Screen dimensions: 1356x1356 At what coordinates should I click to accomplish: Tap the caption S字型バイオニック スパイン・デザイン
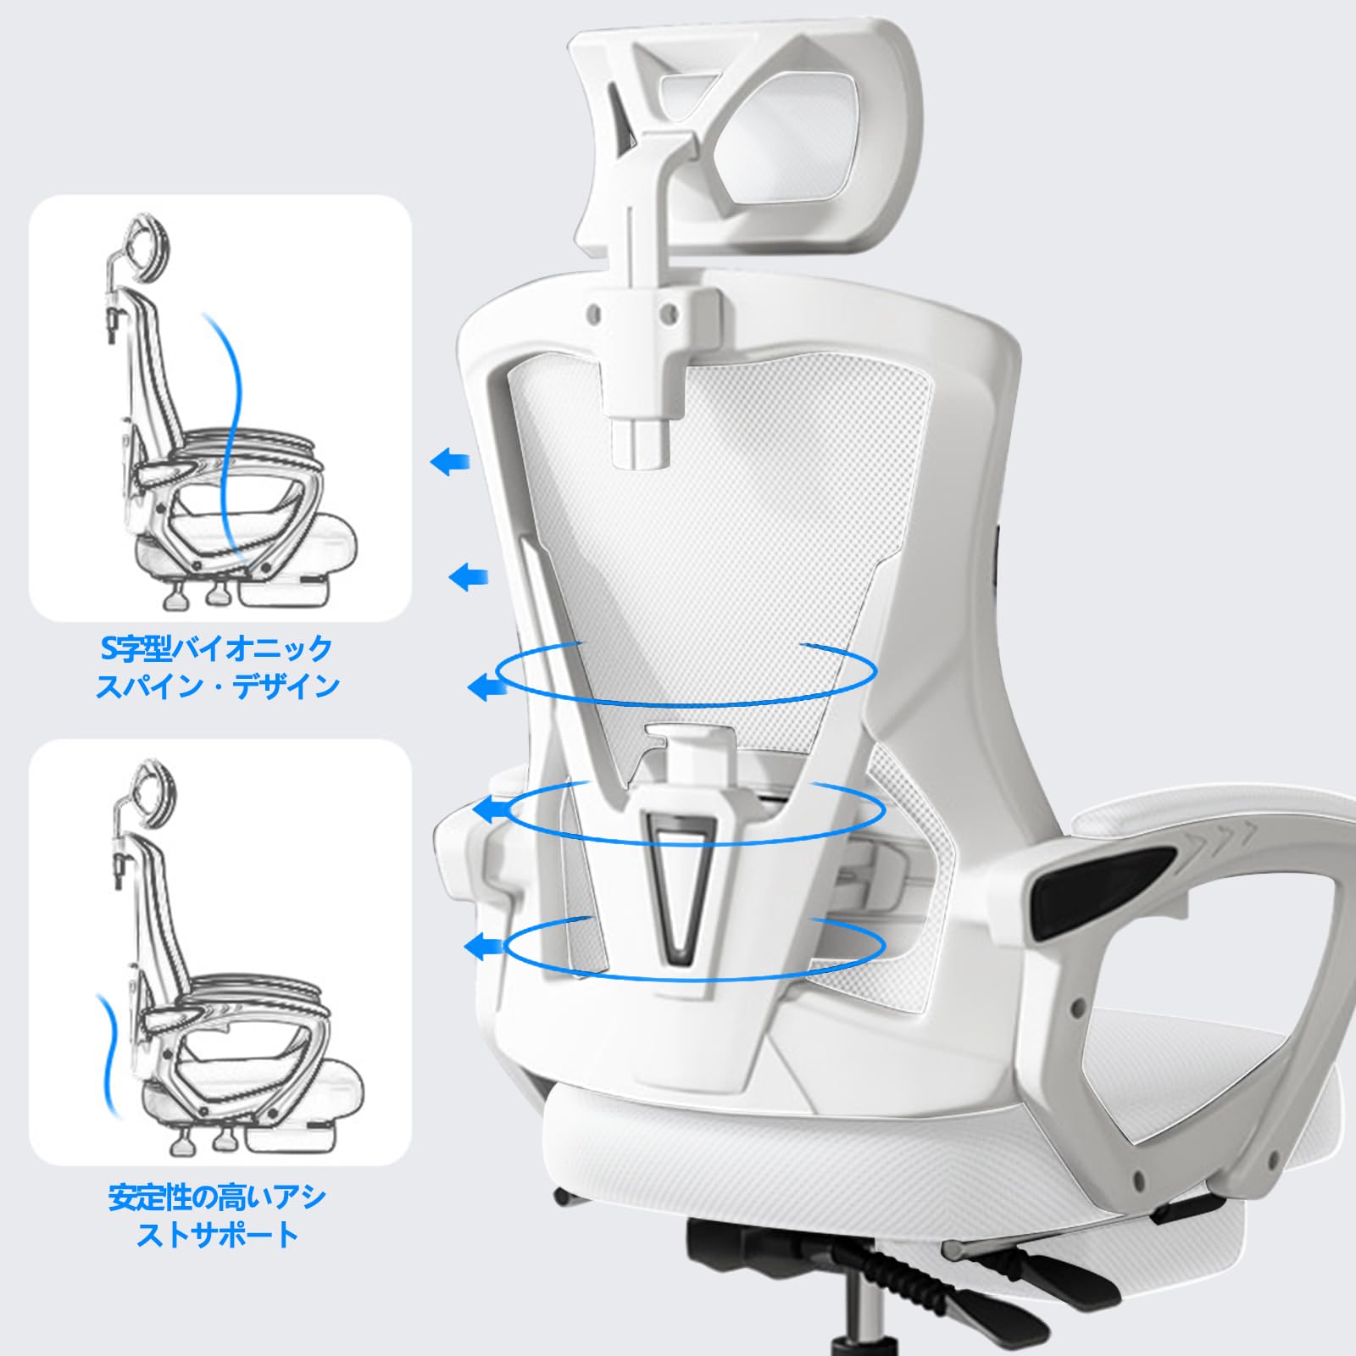pyautogui.click(x=218, y=668)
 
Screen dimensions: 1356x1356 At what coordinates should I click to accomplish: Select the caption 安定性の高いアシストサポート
pyautogui.click(x=218, y=1215)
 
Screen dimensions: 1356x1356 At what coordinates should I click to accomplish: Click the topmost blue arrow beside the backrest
pyautogui.click(x=450, y=463)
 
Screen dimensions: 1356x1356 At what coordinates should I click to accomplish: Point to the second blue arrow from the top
pyautogui.click(x=468, y=577)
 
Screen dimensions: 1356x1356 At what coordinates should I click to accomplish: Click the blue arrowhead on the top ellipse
pyautogui.click(x=484, y=686)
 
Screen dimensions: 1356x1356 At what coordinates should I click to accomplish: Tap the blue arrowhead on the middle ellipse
pyautogui.click(x=488, y=810)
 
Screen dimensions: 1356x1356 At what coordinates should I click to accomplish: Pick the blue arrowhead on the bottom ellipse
pyautogui.click(x=482, y=944)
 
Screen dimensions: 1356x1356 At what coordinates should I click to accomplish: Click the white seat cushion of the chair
pyautogui.click(x=847, y=1144)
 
